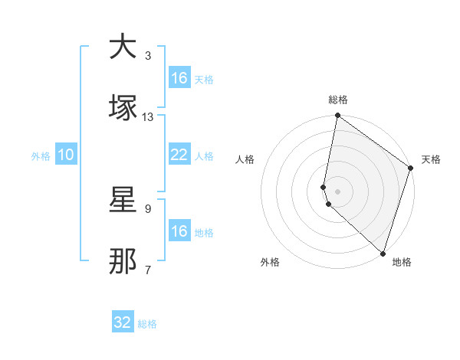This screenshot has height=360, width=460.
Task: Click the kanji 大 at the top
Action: click(123, 47)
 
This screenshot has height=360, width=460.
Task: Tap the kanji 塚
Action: click(123, 108)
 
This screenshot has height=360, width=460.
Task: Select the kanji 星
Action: click(123, 201)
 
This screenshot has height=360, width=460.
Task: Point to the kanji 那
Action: click(123, 261)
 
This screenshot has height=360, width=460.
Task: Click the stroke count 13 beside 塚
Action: click(148, 116)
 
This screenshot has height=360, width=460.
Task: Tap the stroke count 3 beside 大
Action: click(148, 56)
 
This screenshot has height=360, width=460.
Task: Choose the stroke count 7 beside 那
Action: click(148, 270)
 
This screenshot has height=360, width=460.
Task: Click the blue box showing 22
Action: click(179, 155)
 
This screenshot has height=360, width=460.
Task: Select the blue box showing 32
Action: click(123, 322)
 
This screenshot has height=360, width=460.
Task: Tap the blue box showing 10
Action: click(66, 155)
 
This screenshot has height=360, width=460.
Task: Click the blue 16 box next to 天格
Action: click(179, 78)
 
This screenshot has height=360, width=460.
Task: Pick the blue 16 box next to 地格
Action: click(179, 231)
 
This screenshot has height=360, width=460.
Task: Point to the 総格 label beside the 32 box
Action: click(147, 324)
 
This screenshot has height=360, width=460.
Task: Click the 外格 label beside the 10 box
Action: click(41, 156)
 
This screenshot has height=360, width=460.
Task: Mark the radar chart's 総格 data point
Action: click(337, 116)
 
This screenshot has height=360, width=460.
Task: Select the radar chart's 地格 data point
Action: click(383, 253)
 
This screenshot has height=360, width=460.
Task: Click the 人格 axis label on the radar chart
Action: click(245, 159)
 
